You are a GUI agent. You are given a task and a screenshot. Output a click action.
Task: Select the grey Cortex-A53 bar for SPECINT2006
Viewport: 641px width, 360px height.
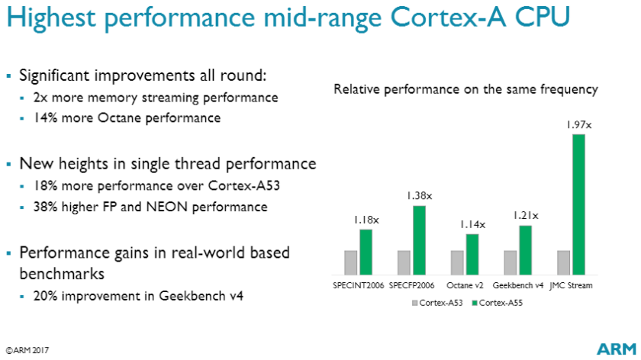point(350,262)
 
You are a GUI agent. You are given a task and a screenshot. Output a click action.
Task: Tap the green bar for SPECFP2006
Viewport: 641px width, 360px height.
point(419,239)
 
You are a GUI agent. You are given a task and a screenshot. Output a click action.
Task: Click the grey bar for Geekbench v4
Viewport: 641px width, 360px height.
point(510,262)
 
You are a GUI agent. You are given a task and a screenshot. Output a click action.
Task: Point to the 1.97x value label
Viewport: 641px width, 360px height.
point(577,124)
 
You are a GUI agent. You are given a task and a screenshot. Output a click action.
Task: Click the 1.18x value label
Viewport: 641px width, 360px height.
point(365,220)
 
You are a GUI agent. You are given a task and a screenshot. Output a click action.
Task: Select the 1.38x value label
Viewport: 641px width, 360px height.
point(419,196)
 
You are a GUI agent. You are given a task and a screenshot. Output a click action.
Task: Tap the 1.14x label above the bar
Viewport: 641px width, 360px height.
point(472,224)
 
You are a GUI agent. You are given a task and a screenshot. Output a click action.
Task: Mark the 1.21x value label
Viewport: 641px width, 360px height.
point(525,216)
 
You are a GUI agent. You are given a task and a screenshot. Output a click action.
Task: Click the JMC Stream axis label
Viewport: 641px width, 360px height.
point(572,285)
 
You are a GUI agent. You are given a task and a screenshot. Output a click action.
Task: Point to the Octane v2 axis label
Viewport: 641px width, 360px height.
point(465,285)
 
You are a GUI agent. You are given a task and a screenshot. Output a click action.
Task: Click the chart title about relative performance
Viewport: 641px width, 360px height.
point(465,90)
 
